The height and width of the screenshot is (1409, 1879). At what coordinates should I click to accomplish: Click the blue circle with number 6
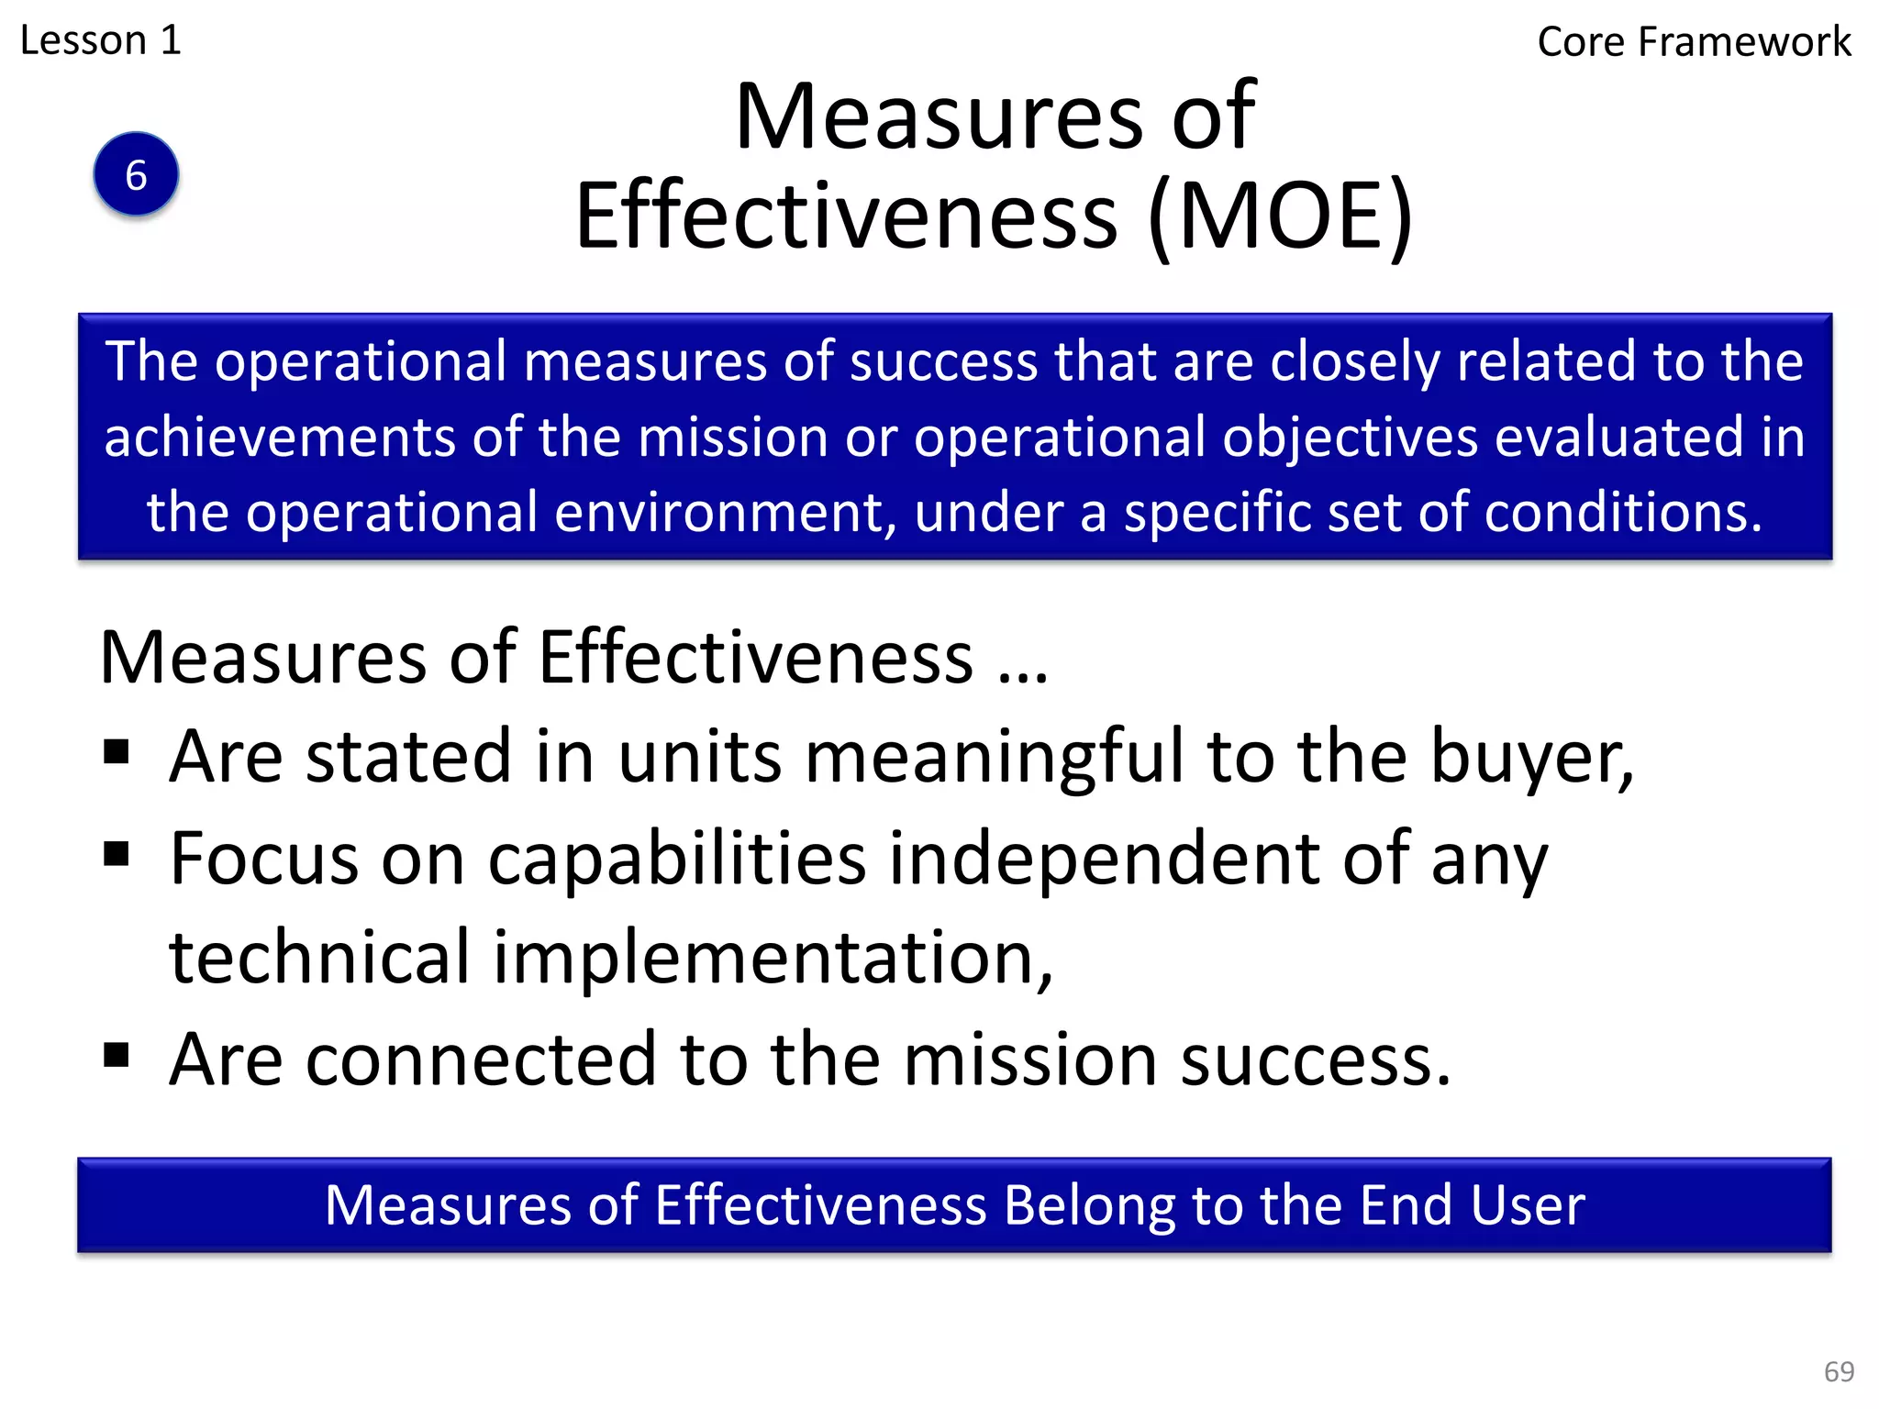[136, 174]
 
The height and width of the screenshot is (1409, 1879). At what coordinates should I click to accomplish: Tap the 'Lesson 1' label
[101, 40]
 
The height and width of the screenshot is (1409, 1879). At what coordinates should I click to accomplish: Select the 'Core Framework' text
[1694, 42]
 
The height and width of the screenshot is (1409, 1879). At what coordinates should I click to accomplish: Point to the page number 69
[1839, 1371]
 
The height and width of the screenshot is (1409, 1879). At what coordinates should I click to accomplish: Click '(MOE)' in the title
[1280, 216]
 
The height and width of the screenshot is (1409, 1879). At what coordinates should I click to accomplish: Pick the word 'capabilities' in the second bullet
[677, 860]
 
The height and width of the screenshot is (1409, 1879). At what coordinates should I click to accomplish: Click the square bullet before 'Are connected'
[117, 1055]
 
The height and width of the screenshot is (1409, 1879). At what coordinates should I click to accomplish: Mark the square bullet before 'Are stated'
[117, 752]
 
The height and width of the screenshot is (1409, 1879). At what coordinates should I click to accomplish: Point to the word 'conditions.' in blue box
[1623, 512]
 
